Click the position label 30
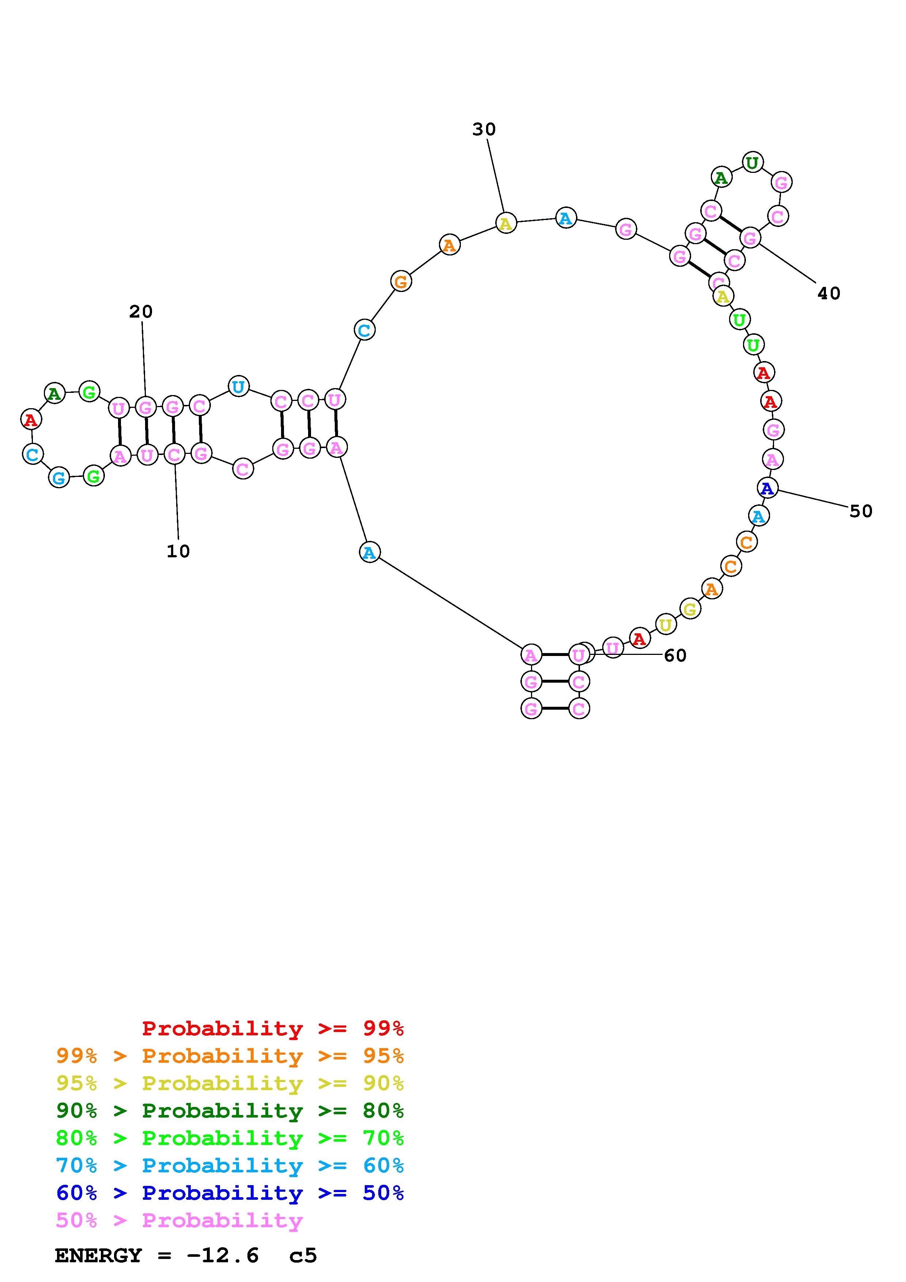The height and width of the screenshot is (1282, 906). (x=484, y=129)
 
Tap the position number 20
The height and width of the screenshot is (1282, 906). (x=141, y=312)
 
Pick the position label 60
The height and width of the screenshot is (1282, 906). (x=675, y=656)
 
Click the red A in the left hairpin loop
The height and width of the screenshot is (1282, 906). (x=31, y=419)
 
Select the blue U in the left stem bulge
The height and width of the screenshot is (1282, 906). (x=238, y=386)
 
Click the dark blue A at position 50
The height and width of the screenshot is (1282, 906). (x=767, y=488)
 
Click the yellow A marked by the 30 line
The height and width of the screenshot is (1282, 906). (x=506, y=223)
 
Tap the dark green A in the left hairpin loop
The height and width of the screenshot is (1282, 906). (x=54, y=393)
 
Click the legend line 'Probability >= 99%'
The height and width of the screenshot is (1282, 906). (x=272, y=1028)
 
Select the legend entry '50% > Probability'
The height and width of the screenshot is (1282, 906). (x=179, y=1221)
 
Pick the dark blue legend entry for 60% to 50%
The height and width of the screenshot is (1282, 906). (x=230, y=1193)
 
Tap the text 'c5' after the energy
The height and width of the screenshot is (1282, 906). (x=303, y=1256)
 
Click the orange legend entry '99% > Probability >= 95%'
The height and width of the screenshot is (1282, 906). (x=230, y=1056)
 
